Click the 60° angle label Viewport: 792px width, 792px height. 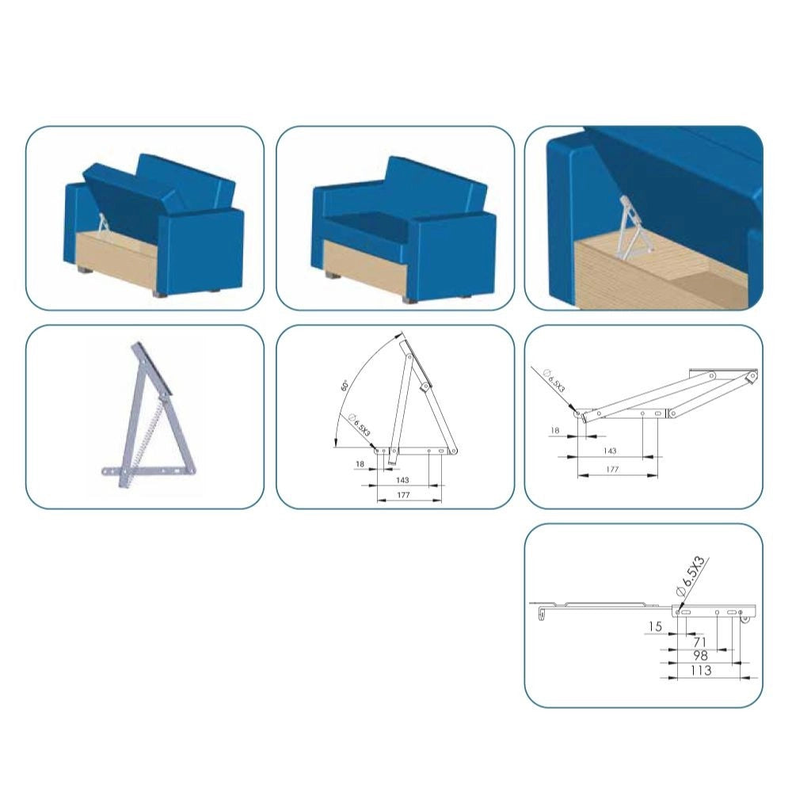(345, 386)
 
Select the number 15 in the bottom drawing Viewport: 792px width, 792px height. (655, 626)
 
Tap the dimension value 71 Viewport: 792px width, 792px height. (699, 642)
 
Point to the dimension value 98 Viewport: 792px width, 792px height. (700, 656)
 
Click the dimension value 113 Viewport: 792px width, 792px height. (701, 670)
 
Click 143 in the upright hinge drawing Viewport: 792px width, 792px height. (402, 480)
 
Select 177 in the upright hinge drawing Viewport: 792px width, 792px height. (403, 495)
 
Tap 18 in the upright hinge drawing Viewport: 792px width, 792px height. (360, 463)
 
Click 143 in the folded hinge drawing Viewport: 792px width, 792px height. (610, 451)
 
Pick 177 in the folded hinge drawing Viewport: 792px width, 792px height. (611, 469)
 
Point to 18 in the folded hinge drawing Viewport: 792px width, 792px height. (554, 430)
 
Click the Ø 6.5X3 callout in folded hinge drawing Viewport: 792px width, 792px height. (554, 381)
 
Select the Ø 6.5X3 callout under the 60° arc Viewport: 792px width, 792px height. (360, 425)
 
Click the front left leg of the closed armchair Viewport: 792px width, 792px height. (333, 276)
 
